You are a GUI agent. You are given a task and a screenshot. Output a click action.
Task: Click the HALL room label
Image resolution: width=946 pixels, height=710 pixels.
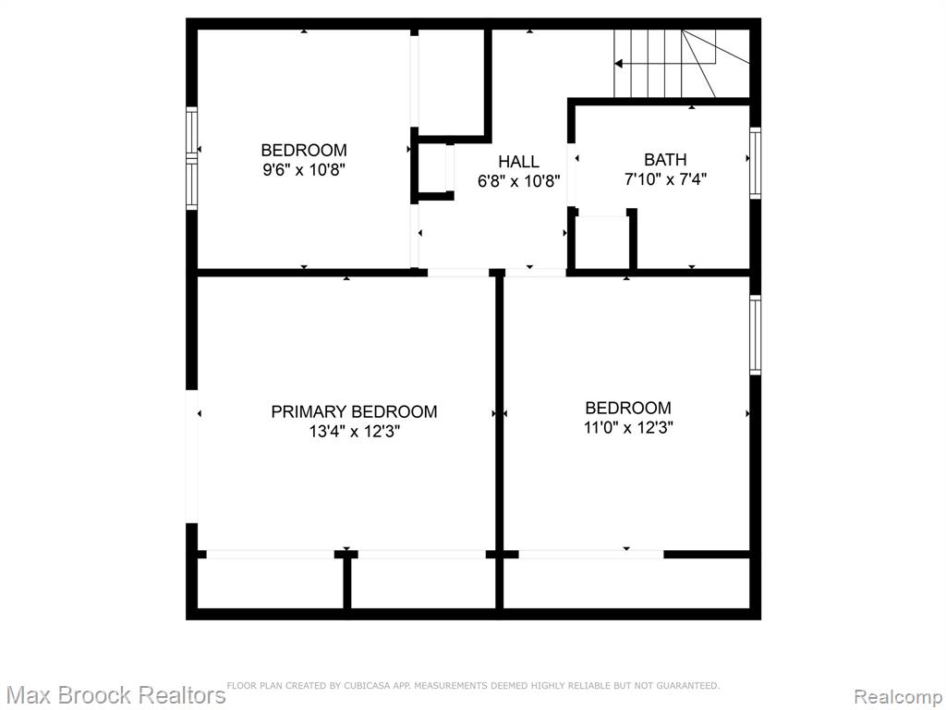pos(519,161)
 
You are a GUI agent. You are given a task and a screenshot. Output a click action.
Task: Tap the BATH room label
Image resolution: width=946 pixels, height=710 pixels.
pos(665,159)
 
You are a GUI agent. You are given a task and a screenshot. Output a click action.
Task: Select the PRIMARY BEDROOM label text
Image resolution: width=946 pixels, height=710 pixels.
pos(354,411)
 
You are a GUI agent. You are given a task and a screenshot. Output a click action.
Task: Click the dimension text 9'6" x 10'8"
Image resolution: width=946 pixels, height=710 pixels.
pos(303,170)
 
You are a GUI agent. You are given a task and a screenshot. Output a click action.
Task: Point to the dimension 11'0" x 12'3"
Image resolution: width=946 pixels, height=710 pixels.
pos(628,427)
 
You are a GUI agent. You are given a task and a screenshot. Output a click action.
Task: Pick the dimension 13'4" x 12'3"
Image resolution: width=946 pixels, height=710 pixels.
pos(354,432)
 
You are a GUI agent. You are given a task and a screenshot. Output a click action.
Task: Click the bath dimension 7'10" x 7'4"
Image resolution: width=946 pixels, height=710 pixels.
pos(665,179)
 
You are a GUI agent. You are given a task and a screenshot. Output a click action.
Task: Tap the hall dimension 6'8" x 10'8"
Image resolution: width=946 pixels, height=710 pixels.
pos(519,181)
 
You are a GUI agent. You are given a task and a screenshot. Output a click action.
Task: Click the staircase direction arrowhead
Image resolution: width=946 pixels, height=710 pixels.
pos(618,64)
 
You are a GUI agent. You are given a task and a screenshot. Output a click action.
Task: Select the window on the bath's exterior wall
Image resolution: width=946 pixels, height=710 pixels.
pos(755,163)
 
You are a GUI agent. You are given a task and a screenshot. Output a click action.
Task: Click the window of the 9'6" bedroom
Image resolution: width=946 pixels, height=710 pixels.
pos(192,158)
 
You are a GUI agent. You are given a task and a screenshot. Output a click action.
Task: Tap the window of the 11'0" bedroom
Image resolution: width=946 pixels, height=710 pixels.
pos(755,335)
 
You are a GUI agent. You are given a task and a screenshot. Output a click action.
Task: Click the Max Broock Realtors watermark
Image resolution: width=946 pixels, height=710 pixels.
pos(115,695)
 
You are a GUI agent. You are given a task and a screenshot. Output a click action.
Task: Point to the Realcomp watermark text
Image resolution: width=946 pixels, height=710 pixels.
pos(899,697)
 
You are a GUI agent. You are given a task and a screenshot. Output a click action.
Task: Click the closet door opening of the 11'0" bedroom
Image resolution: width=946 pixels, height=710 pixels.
pos(591,555)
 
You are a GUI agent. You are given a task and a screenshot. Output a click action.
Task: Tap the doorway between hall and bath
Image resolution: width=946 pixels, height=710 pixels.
pos(571,175)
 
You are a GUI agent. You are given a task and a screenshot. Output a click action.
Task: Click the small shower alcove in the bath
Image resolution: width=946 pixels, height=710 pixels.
pos(602,242)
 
